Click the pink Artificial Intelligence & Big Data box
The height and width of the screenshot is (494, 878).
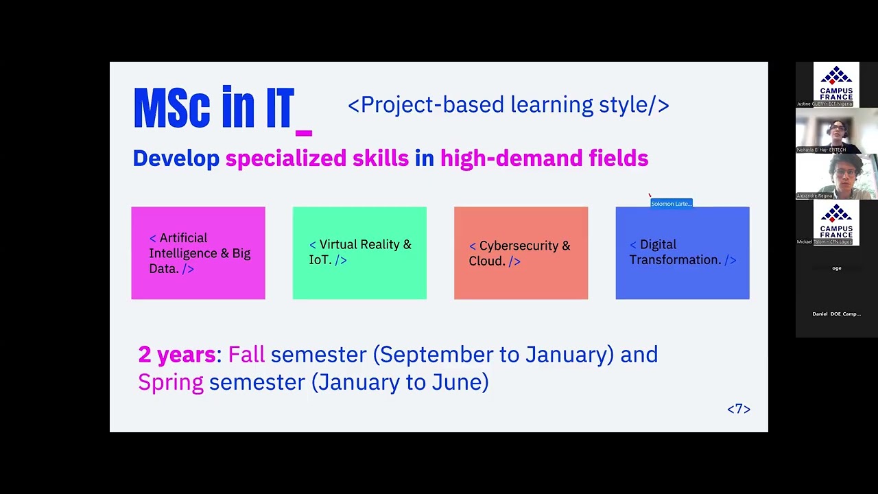198,253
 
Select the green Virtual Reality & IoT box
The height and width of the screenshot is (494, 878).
359,253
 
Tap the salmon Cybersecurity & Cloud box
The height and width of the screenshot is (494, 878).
521,253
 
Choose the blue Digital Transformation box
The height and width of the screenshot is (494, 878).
683,253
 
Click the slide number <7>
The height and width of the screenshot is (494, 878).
739,409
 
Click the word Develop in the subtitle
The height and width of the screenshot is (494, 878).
176,158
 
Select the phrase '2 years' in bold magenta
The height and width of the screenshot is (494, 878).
177,355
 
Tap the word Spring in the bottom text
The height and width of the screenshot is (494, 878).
171,382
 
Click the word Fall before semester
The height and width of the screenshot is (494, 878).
246,355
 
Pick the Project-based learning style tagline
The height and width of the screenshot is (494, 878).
508,105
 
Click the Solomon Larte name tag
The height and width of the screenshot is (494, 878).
672,204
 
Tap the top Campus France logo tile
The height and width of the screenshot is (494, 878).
836,84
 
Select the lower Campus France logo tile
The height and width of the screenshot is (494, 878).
836,223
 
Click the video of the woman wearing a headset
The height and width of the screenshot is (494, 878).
836,130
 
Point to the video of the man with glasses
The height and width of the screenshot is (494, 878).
836,176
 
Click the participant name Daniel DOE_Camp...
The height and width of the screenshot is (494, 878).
836,314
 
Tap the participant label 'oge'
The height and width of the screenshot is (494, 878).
836,268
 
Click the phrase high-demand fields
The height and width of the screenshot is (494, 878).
544,158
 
